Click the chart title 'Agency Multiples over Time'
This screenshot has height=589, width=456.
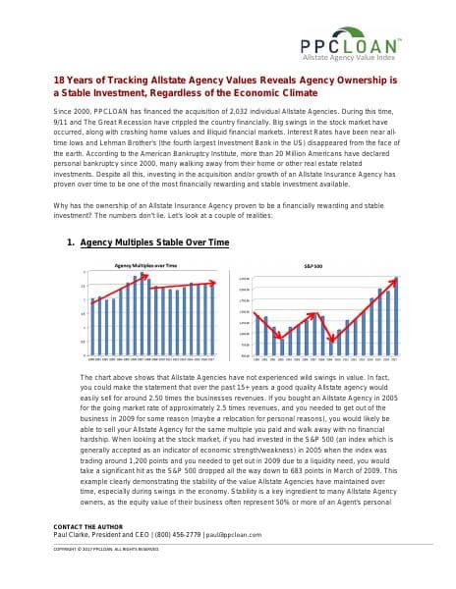click(x=145, y=266)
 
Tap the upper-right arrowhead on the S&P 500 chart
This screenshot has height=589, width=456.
click(x=396, y=281)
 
